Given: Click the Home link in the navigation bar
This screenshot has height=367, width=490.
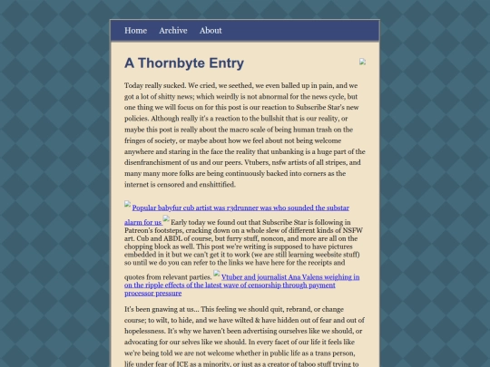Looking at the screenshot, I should (x=135, y=30).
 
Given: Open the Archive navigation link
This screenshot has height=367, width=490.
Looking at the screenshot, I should (x=172, y=30).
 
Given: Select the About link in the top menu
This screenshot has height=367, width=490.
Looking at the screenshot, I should (x=211, y=30).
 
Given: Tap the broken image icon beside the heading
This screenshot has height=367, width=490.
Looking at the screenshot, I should (x=362, y=62).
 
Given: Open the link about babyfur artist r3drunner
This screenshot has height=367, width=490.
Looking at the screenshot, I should (x=240, y=208).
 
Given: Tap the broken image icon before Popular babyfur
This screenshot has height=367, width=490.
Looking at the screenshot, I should (x=128, y=205).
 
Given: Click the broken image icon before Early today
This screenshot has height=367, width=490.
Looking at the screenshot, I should (x=167, y=218).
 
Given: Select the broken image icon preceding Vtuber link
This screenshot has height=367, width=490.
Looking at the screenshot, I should (x=217, y=273).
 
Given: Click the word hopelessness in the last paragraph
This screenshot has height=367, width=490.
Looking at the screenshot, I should (x=152, y=331).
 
